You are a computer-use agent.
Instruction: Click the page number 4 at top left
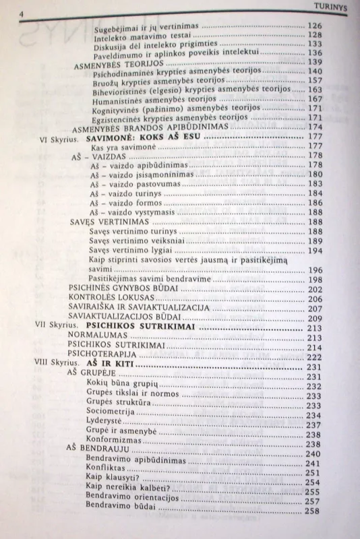pyautogui.click(x=23, y=12)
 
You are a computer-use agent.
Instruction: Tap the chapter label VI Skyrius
pyautogui.click(x=63, y=136)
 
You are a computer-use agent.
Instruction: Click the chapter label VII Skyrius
pyautogui.click(x=60, y=327)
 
